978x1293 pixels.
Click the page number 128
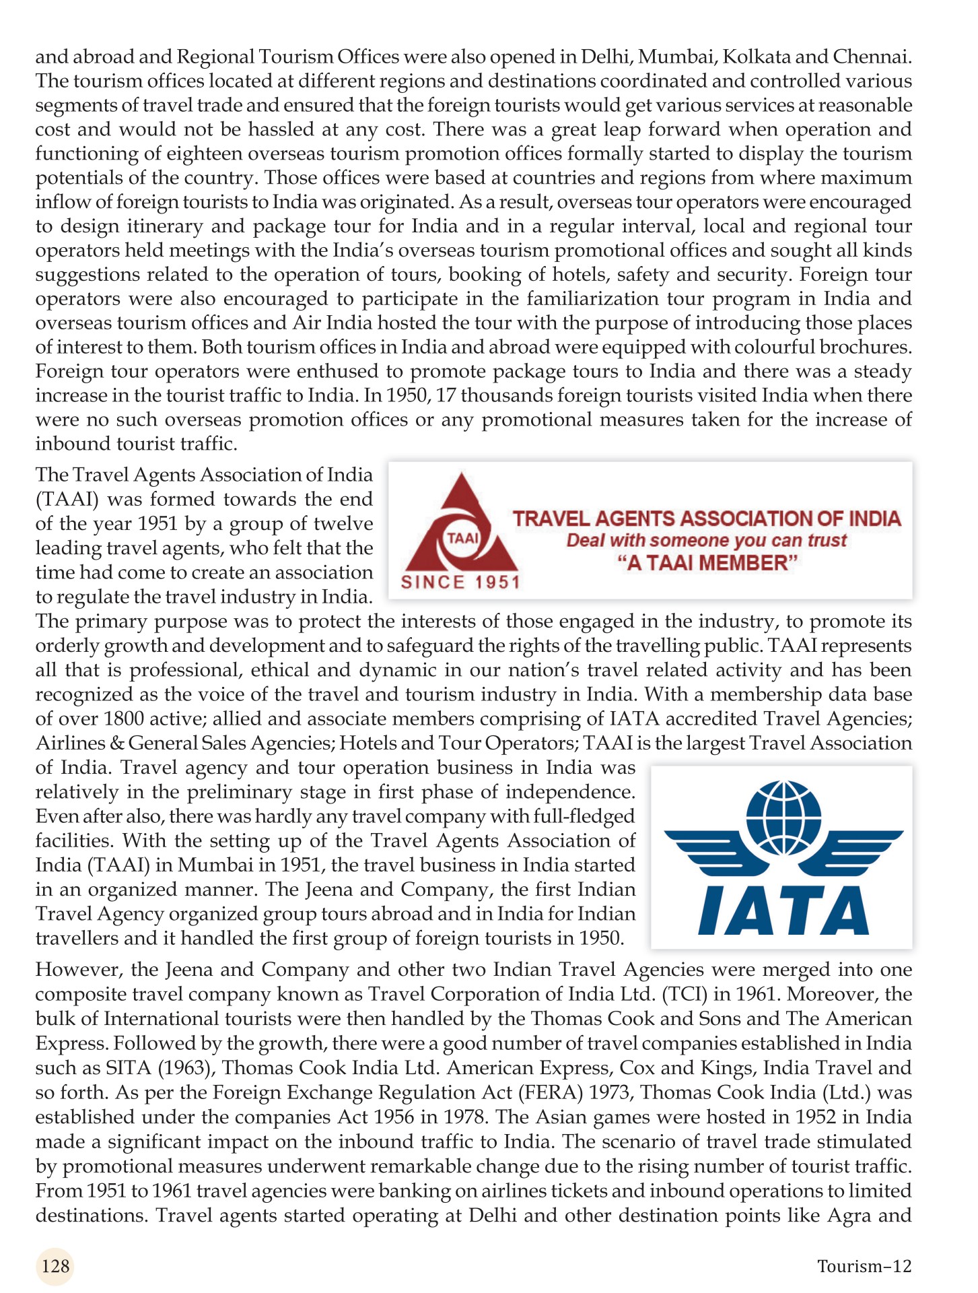[55, 1265]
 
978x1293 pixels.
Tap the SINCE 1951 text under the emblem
[460, 583]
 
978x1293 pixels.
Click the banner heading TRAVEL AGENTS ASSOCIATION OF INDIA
[706, 519]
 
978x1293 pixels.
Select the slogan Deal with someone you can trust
[706, 541]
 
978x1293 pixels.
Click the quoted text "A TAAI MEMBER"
[706, 563]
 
